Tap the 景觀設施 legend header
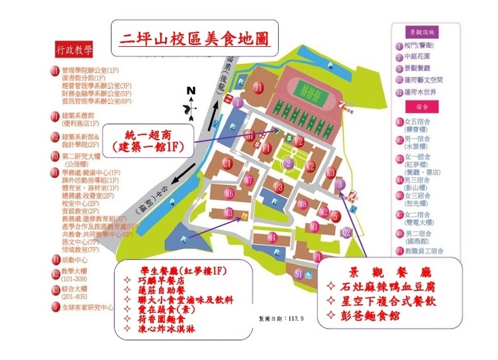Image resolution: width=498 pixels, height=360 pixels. [x=425, y=31]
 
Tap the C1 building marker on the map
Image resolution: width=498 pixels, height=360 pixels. [x=227, y=163]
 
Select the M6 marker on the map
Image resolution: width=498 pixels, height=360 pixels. [x=229, y=192]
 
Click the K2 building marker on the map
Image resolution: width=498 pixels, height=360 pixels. [x=311, y=166]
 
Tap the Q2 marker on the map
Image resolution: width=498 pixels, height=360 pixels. [x=346, y=231]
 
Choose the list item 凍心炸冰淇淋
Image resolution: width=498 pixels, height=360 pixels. [x=168, y=329]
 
